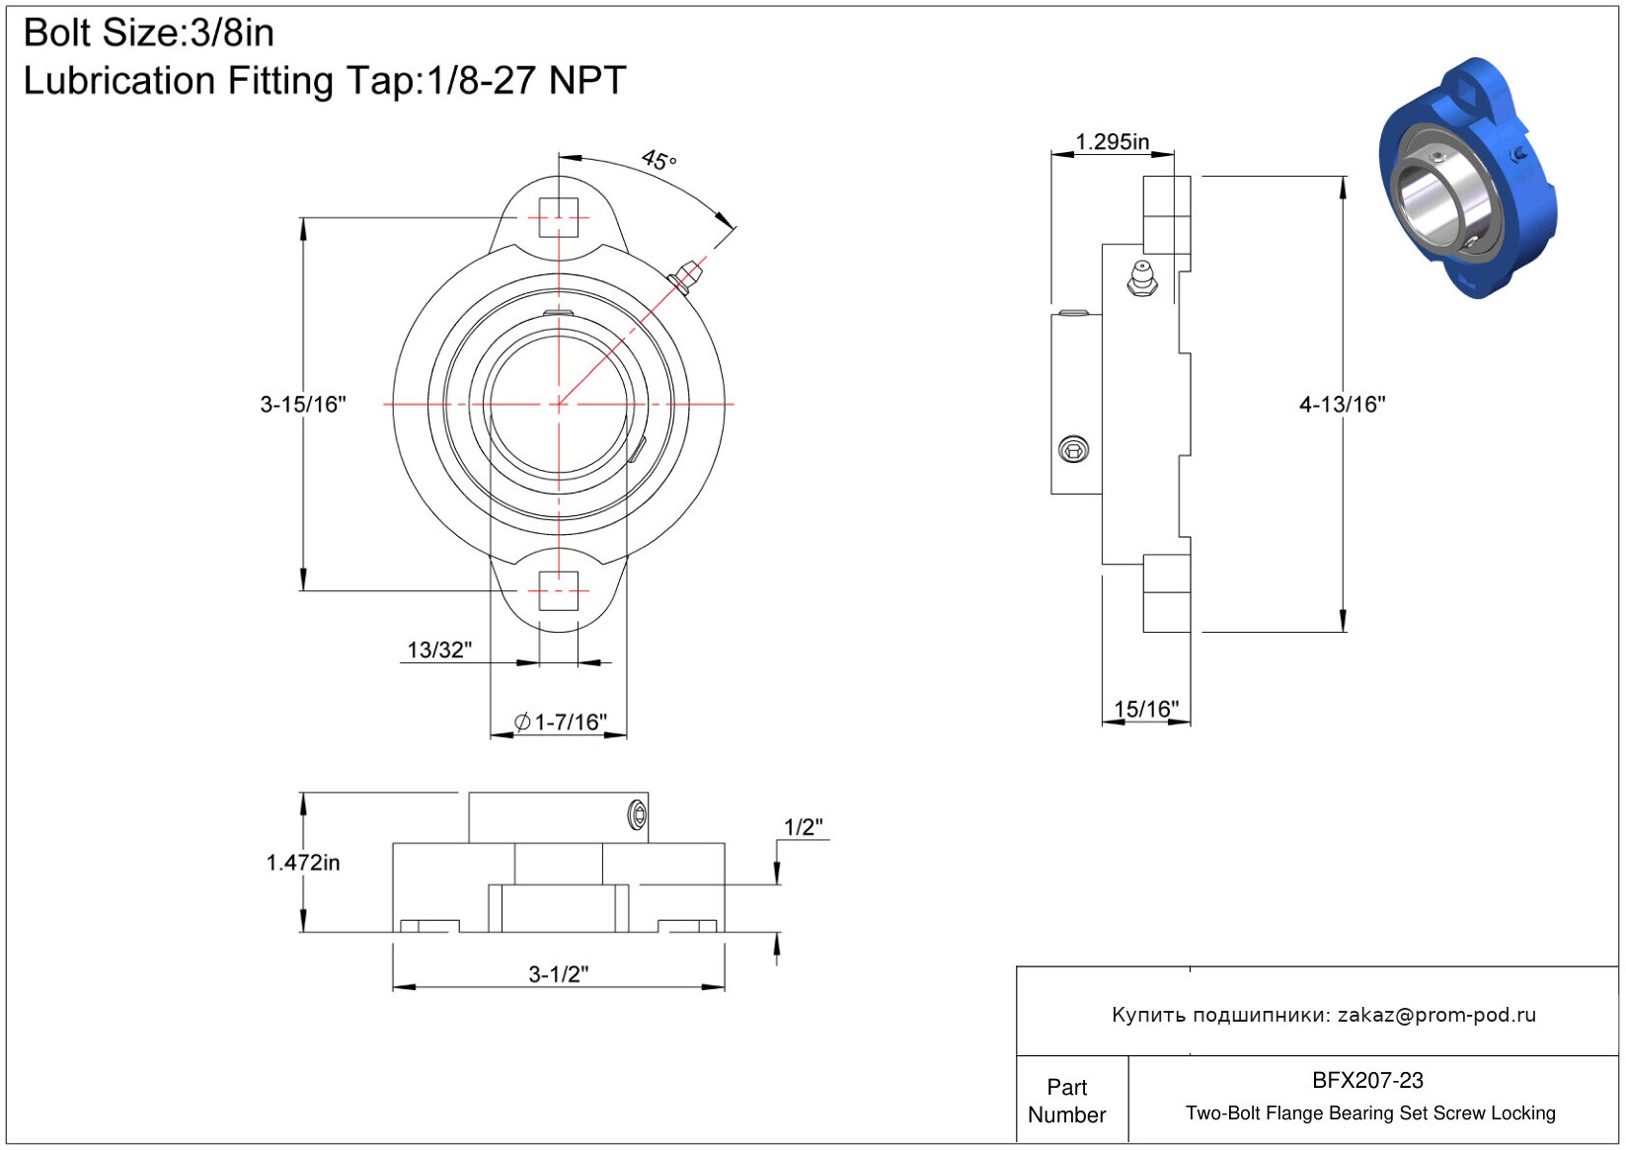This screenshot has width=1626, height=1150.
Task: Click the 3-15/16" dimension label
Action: pyautogui.click(x=303, y=404)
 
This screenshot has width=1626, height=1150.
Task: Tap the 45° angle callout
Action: pyautogui.click(x=658, y=159)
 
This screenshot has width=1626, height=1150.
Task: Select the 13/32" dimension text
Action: pyautogui.click(x=439, y=650)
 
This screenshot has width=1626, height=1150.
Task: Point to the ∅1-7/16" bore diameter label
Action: pyautogui.click(x=561, y=723)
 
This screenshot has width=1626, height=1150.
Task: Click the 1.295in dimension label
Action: pyautogui.click(x=1113, y=142)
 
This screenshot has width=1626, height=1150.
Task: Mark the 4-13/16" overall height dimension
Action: pyautogui.click(x=1342, y=404)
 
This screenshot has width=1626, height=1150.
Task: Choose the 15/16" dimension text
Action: pyautogui.click(x=1146, y=709)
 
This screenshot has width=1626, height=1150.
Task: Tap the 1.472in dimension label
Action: pyautogui.click(x=303, y=863)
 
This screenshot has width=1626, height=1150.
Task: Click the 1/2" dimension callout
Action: pyautogui.click(x=804, y=827)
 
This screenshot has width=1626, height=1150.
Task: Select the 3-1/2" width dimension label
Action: pyautogui.click(x=559, y=974)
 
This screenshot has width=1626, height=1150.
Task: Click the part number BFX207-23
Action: pyautogui.click(x=1367, y=1080)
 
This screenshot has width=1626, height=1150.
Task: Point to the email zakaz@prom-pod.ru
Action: pyautogui.click(x=1436, y=1015)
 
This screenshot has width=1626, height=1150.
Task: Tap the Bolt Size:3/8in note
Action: pyautogui.click(x=149, y=33)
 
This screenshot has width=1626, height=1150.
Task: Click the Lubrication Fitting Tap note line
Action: pyautogui.click(x=325, y=81)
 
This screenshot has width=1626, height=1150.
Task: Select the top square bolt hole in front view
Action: pyautogui.click(x=559, y=217)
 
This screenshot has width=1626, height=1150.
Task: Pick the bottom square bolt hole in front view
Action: pyautogui.click(x=559, y=591)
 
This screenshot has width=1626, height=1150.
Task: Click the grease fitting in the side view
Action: pyautogui.click(x=1142, y=278)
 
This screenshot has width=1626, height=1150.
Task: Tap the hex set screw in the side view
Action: pyautogui.click(x=1073, y=450)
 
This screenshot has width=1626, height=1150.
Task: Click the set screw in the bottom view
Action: pyautogui.click(x=637, y=815)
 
